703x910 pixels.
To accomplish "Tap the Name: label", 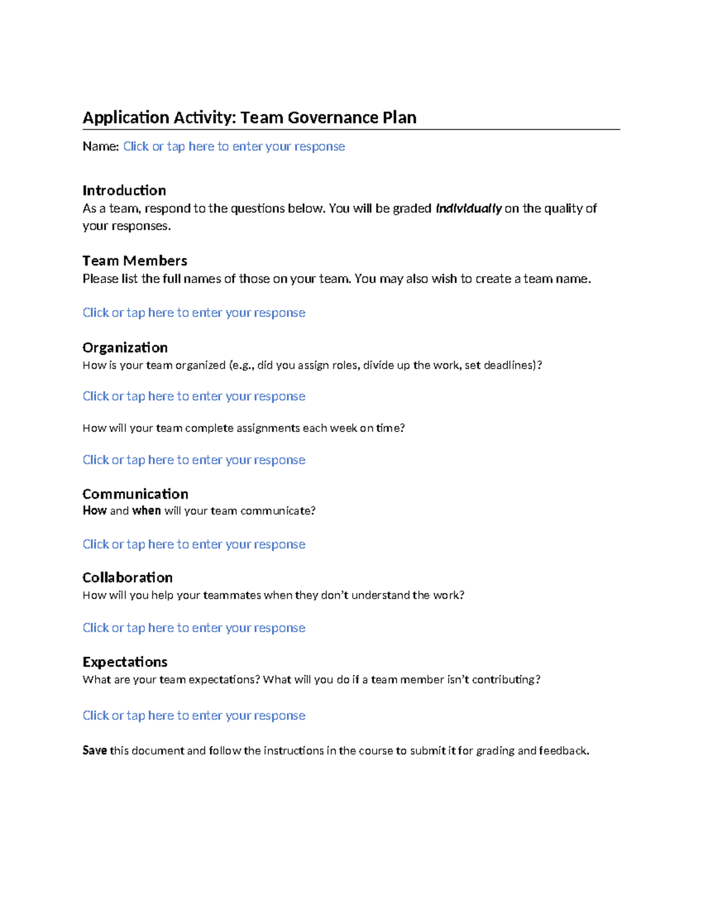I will coord(101,146).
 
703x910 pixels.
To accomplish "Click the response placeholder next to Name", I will coord(234,146).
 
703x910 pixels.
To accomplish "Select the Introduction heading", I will coord(124,190).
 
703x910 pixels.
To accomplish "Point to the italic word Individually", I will coord(469,209).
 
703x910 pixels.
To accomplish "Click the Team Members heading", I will coord(135,261).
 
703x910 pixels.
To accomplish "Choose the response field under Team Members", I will coord(194,313).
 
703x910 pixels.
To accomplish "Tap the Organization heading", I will coord(125,347).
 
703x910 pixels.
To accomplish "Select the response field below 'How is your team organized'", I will coord(194,397).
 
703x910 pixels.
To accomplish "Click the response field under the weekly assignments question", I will coord(194,460).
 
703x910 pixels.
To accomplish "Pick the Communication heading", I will coord(135,494).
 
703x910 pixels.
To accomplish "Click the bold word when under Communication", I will coord(146,511).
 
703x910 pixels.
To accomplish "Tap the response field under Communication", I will coord(194,544).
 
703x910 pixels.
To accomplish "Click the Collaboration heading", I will coord(128,578).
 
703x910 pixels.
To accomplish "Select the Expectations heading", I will coord(125,662).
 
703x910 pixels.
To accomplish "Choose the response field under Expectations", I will coord(194,715).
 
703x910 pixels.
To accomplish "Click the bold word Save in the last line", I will coord(94,751).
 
